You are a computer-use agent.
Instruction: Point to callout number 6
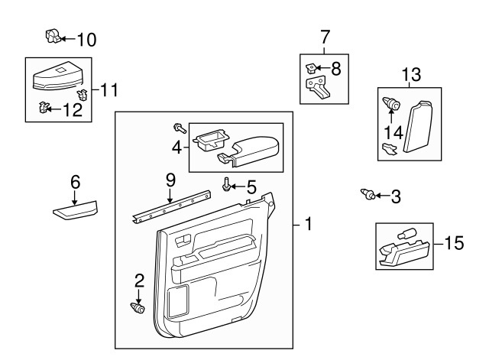pos(75,182)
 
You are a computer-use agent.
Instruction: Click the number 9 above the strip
pos(170,180)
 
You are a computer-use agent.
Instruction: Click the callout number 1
pos(308,225)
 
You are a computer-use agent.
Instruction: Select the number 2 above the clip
pos(139,280)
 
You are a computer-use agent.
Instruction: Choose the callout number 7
pos(325,36)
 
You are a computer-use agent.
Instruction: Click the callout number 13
pos(411,74)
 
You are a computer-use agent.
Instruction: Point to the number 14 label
pos(392,131)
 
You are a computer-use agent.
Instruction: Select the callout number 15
pos(454,244)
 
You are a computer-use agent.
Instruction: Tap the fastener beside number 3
pos(367,196)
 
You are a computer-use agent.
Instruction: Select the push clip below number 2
pos(138,308)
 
